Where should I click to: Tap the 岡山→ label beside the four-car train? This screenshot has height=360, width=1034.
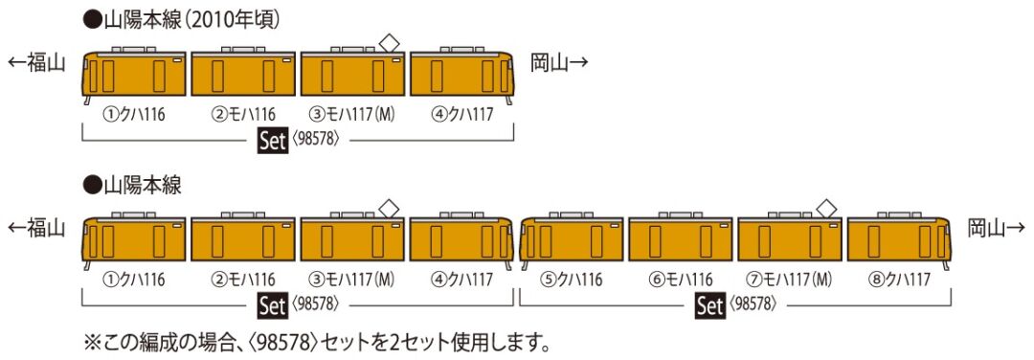point(560,63)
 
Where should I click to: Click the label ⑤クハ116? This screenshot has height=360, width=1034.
point(572,280)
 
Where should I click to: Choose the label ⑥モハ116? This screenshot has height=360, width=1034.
point(681,280)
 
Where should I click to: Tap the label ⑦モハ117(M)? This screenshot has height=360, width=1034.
point(791,280)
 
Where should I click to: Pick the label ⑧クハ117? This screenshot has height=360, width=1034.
point(899,280)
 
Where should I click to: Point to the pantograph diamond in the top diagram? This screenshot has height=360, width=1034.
point(390,40)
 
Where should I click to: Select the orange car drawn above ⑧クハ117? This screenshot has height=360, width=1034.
point(899,239)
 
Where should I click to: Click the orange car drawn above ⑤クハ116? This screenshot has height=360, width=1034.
point(572,239)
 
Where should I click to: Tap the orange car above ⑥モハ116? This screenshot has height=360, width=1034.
point(681,239)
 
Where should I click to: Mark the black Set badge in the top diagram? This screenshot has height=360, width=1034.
point(274,141)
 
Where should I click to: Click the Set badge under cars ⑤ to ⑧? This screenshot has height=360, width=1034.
point(709,306)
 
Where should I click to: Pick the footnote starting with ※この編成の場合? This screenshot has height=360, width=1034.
point(316,340)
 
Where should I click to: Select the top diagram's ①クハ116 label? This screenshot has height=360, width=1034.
point(135,115)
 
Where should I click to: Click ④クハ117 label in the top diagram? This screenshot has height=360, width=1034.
point(461,115)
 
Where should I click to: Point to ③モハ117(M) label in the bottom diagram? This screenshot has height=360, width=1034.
point(353,280)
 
